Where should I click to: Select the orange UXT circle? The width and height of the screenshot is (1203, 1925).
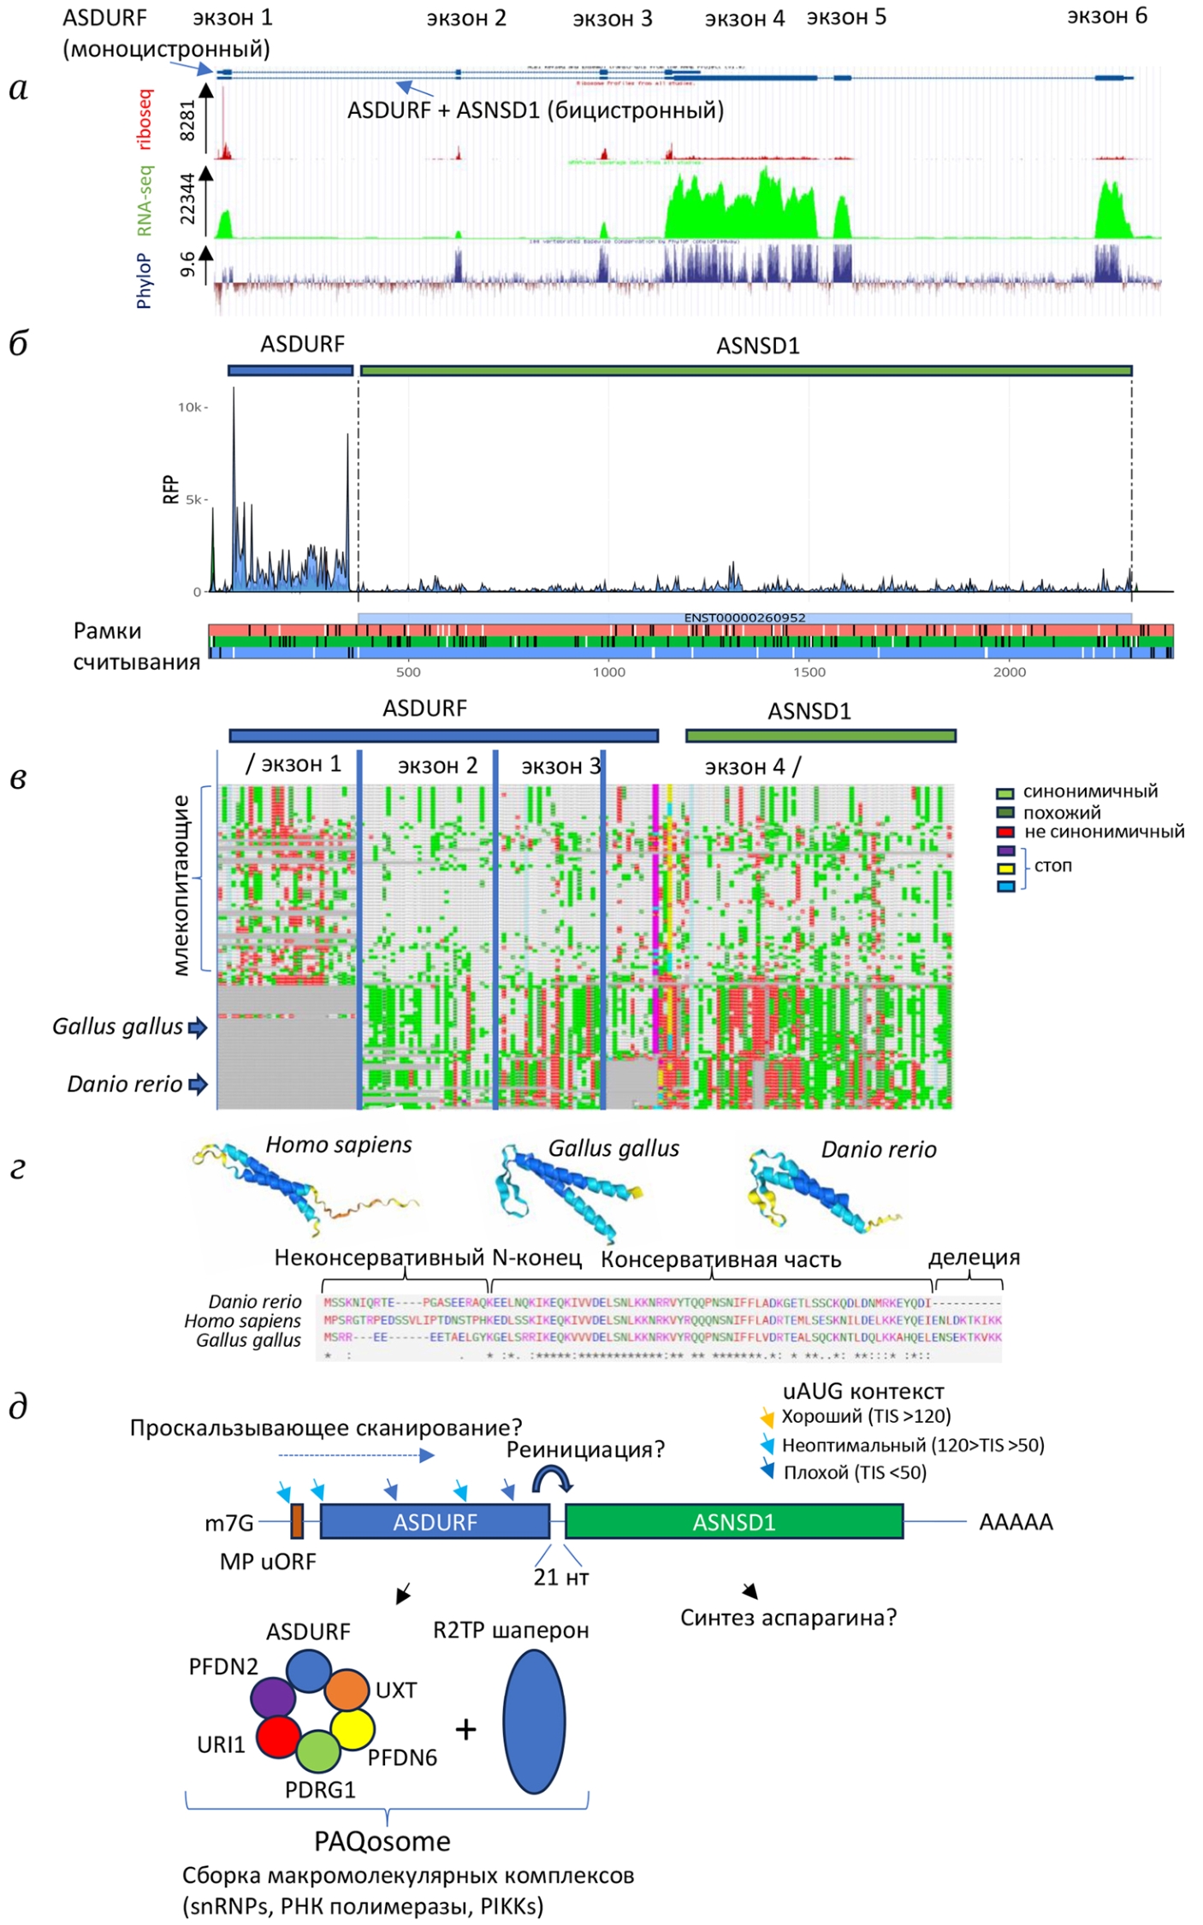coord(347,1690)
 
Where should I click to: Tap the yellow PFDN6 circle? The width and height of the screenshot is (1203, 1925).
coord(353,1729)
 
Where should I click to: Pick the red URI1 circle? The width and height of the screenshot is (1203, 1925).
coord(278,1736)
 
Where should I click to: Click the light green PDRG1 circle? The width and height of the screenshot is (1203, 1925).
coord(318,1750)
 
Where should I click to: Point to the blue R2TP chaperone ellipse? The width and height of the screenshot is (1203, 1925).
coord(534,1721)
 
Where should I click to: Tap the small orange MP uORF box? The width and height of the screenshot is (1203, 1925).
coord(297,1520)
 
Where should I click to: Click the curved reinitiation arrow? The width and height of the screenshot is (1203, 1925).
coord(552,1478)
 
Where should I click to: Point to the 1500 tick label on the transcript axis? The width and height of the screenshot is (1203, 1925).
coord(809,672)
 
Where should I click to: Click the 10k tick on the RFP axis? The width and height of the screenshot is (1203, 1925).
coord(190,407)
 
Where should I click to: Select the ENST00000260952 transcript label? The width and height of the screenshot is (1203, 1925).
coord(744,618)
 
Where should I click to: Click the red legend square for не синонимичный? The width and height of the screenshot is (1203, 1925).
coord(1005,832)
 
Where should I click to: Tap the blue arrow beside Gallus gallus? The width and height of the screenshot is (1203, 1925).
coord(198,1028)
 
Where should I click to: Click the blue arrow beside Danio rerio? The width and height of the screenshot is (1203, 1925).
coord(198,1085)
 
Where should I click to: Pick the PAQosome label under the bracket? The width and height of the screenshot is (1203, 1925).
coord(382,1841)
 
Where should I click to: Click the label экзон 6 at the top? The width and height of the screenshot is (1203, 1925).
coord(1106,16)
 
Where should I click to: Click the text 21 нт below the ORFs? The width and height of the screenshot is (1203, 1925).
coord(561,1577)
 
